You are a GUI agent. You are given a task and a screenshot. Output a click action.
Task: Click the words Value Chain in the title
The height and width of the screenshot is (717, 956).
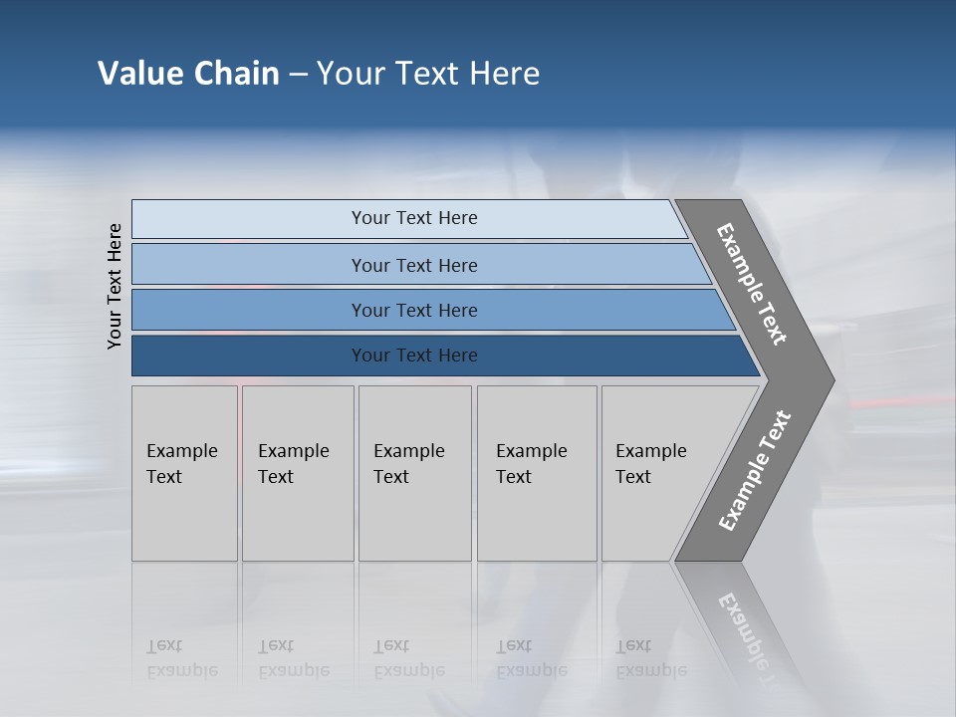pyautogui.click(x=188, y=74)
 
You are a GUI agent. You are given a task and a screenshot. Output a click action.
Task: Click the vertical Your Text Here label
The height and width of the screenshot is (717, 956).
pyautogui.click(x=115, y=286)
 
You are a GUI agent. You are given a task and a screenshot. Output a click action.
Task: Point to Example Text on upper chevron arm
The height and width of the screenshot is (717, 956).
pyautogui.click(x=752, y=284)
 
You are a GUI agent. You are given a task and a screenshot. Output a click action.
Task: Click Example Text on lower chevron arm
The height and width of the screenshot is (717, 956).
pyautogui.click(x=754, y=471)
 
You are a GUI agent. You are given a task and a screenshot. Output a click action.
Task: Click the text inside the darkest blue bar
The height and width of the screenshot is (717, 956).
pyautogui.click(x=414, y=356)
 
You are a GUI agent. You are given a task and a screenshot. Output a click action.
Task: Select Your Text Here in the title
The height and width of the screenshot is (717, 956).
pyautogui.click(x=428, y=74)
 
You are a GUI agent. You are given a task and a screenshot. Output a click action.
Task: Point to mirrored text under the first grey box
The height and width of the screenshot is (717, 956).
pyautogui.click(x=181, y=658)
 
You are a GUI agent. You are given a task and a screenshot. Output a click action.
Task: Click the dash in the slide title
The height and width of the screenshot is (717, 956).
pyautogui.click(x=298, y=75)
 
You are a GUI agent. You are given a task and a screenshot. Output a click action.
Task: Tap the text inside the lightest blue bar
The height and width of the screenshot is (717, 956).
pyautogui.click(x=414, y=218)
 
